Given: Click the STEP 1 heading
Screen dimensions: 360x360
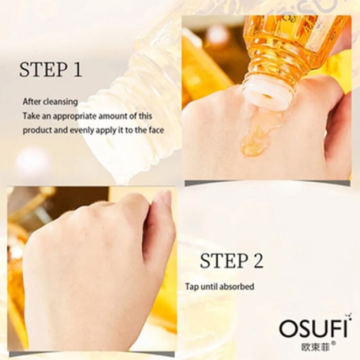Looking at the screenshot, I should pos(50,70).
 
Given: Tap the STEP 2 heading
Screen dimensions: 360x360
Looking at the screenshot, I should pos(232,260).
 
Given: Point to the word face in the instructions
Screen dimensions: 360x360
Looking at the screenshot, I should pos(156,131).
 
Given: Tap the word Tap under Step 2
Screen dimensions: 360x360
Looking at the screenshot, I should pos(192,287).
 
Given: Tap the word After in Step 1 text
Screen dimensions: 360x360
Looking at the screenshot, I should pos(31,102).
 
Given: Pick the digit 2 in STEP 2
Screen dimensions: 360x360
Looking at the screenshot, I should pos(257,260).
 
